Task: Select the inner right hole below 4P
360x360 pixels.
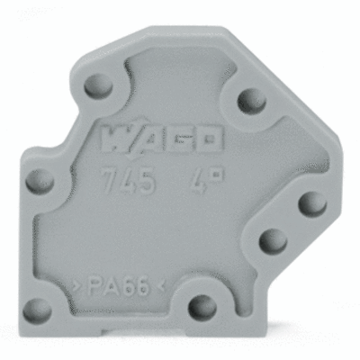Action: coord(267,241)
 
